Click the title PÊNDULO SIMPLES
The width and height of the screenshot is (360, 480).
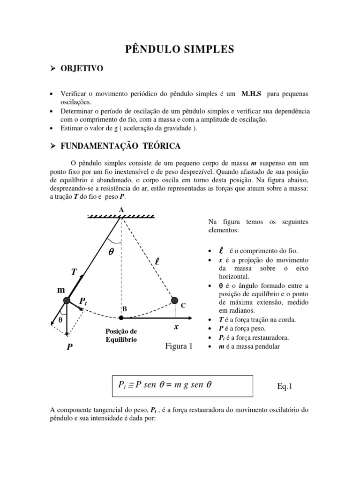[180, 49]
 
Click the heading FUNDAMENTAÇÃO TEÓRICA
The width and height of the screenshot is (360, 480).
[120, 146]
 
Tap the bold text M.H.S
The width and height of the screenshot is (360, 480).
[251, 94]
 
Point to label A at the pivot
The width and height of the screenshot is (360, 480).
[121, 210]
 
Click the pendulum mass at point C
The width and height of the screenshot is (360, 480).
[174, 300]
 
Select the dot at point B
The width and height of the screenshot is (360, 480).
[121, 318]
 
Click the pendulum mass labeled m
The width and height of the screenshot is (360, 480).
[66, 300]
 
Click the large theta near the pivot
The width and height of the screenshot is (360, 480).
[111, 251]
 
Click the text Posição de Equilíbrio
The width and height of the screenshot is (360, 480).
[121, 336]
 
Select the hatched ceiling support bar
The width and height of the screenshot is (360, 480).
[121, 216]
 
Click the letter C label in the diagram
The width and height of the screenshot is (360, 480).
[184, 305]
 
